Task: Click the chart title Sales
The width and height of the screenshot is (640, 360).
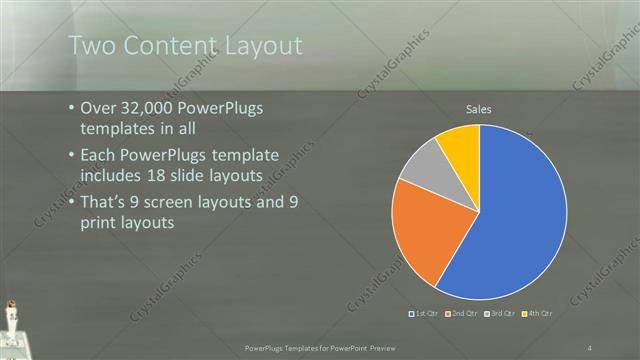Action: click(x=479, y=109)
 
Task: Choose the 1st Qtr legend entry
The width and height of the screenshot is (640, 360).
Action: click(x=423, y=313)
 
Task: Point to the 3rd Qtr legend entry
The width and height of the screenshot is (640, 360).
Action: click(x=500, y=313)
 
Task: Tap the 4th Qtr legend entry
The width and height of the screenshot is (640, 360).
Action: click(x=538, y=313)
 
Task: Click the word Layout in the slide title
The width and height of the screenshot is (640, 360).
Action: click(x=254, y=46)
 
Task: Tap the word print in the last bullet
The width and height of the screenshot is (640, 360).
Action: click(x=99, y=223)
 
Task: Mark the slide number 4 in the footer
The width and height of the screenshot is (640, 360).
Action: click(x=590, y=347)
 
